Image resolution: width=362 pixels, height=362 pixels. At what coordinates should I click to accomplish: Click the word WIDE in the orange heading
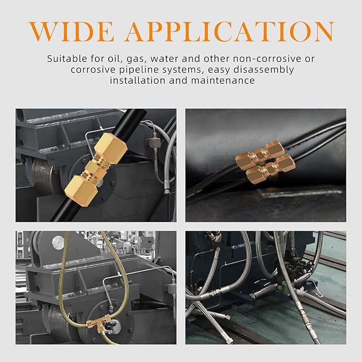(x=71, y=31)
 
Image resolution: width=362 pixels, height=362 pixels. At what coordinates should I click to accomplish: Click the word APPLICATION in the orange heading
(x=230, y=31)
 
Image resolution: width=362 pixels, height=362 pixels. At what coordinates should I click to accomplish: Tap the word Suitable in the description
(x=67, y=59)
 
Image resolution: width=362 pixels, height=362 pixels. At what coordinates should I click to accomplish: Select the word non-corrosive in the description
(x=267, y=59)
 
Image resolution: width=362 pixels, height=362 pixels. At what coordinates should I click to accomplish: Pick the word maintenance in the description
(x=223, y=81)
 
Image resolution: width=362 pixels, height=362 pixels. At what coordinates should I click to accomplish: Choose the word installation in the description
(x=138, y=81)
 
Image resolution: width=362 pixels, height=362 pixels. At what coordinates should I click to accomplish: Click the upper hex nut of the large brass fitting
(x=111, y=146)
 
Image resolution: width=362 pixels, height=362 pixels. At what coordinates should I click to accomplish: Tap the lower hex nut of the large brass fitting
(x=81, y=190)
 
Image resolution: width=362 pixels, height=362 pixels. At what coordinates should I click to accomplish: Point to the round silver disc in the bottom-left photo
(x=58, y=243)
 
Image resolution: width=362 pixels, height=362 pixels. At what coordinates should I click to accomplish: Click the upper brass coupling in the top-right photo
(x=260, y=153)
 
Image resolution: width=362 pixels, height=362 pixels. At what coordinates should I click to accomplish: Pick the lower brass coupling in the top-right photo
(x=271, y=169)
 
